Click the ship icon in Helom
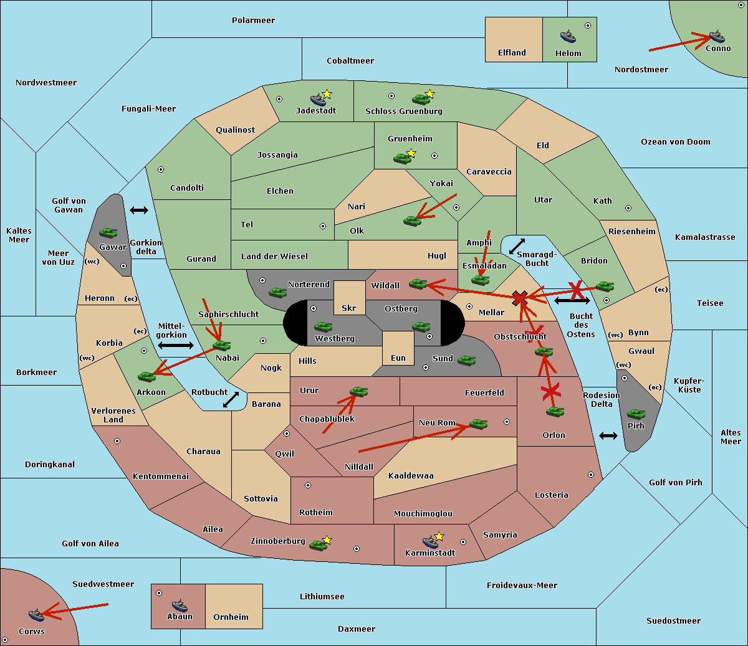(568, 36)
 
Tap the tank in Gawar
(108, 233)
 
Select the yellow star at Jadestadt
(327, 94)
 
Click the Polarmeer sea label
(253, 21)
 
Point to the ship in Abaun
(180, 605)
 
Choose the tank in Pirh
(636, 414)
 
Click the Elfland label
(512, 53)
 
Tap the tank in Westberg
(323, 326)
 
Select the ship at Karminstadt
(430, 542)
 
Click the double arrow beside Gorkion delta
(139, 210)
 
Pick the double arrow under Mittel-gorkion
(176, 345)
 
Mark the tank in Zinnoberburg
(318, 545)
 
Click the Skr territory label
(348, 308)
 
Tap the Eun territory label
(398, 358)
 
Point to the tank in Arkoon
(147, 376)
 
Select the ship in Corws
(37, 614)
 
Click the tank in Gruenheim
(402, 158)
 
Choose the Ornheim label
(231, 617)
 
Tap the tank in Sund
(466, 360)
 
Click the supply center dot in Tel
(323, 226)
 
